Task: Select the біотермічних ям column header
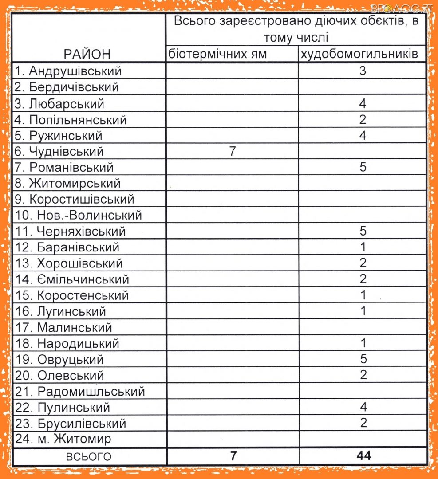[x=217, y=54]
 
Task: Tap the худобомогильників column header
[x=359, y=54]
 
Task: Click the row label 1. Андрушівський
[x=68, y=71]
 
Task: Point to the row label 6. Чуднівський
[x=59, y=152]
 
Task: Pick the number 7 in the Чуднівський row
[x=232, y=152]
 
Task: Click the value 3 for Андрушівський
[x=363, y=71]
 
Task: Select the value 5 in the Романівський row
[x=363, y=168]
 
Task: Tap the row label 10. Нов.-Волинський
[x=79, y=216]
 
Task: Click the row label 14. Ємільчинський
[x=72, y=279]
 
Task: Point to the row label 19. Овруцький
[x=59, y=359]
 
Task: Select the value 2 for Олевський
[x=363, y=375]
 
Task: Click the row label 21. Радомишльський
[x=80, y=392]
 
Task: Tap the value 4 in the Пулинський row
[x=363, y=407]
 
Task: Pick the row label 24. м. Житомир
[x=63, y=439]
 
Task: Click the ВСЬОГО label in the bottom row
[x=89, y=457]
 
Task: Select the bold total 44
[x=363, y=456]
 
